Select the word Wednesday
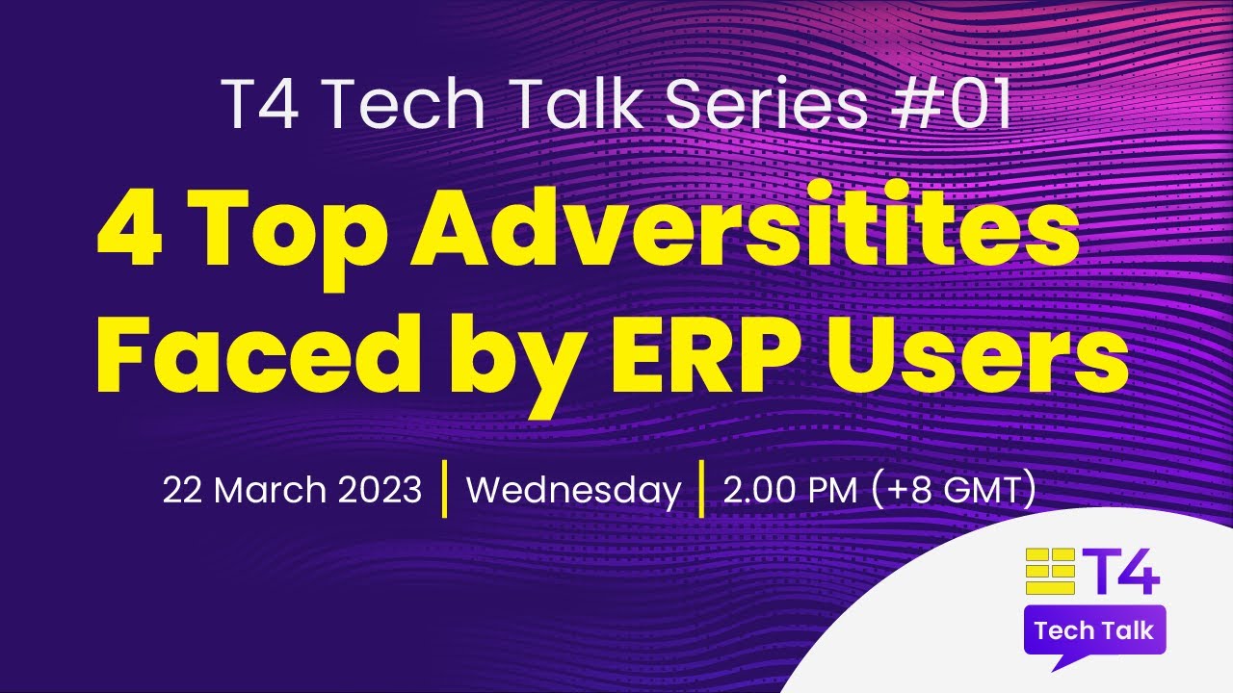[x=573, y=491]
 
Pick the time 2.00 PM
[x=790, y=491]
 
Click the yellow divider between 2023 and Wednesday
[x=444, y=490]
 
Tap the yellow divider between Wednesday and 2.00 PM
[x=701, y=490]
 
